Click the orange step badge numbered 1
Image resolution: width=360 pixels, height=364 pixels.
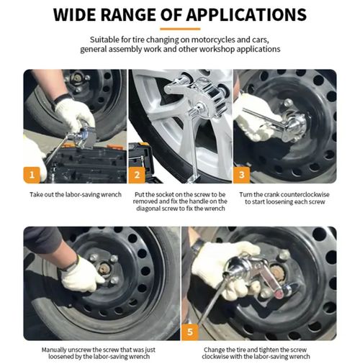click(32, 173)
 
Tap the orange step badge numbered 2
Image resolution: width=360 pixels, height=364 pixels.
click(138, 173)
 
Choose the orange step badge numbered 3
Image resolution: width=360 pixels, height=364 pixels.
click(242, 173)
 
